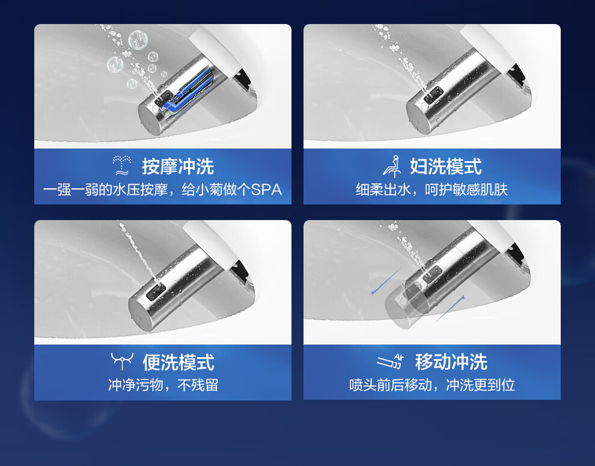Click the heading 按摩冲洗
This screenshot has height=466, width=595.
178,167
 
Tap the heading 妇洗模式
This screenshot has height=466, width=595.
446,167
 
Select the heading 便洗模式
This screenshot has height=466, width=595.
178,363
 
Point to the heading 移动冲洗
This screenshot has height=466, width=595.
451,361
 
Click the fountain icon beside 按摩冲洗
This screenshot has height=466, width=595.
122,165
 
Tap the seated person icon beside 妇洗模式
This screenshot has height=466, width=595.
392,167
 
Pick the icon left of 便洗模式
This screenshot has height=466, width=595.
122,361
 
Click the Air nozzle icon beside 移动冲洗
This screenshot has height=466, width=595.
391,361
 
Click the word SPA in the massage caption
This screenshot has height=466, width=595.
266,189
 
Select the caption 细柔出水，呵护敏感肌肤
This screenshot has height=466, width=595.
432,189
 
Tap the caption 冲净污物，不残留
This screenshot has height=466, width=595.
163,385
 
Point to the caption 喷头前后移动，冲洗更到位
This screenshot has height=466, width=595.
432,385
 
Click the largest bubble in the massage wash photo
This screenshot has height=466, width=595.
138,40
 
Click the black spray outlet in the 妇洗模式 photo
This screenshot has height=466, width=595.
433,94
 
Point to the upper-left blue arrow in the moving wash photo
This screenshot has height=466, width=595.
386,281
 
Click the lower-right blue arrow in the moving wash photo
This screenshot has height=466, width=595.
449,310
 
